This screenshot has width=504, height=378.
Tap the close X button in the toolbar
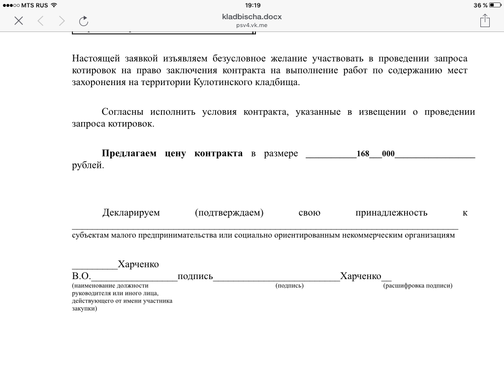(x=19, y=21)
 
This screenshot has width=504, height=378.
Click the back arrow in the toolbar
(x=41, y=21)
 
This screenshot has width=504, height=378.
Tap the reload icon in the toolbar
(x=84, y=21)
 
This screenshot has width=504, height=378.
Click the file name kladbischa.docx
(x=252, y=16)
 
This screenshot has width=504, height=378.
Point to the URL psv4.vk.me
(x=252, y=25)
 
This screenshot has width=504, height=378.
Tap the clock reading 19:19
(x=252, y=5)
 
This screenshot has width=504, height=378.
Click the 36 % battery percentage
(x=480, y=5)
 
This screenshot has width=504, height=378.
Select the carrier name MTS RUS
(x=34, y=5)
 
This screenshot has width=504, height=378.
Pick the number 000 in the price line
(x=388, y=154)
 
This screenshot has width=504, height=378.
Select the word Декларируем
(x=131, y=213)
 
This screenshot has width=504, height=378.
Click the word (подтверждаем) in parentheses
(x=229, y=213)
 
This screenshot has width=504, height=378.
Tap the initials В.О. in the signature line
(x=81, y=276)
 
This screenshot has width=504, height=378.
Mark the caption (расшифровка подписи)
(x=417, y=285)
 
